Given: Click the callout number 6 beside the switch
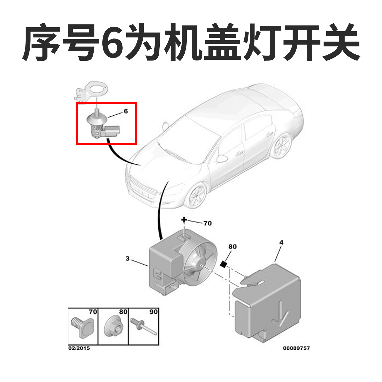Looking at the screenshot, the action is coord(126,111).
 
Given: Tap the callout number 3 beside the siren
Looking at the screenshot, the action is coord(128,258).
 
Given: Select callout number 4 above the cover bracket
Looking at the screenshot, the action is coord(281,242).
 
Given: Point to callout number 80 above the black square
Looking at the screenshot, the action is coord(232,246).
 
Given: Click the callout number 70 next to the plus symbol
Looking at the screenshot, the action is coord(208,223).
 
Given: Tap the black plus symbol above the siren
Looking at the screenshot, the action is coord(184,220).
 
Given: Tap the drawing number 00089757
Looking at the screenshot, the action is coord(296,348).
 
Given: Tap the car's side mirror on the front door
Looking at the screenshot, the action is coord(222,158).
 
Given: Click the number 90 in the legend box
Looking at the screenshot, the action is coord(153,312).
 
